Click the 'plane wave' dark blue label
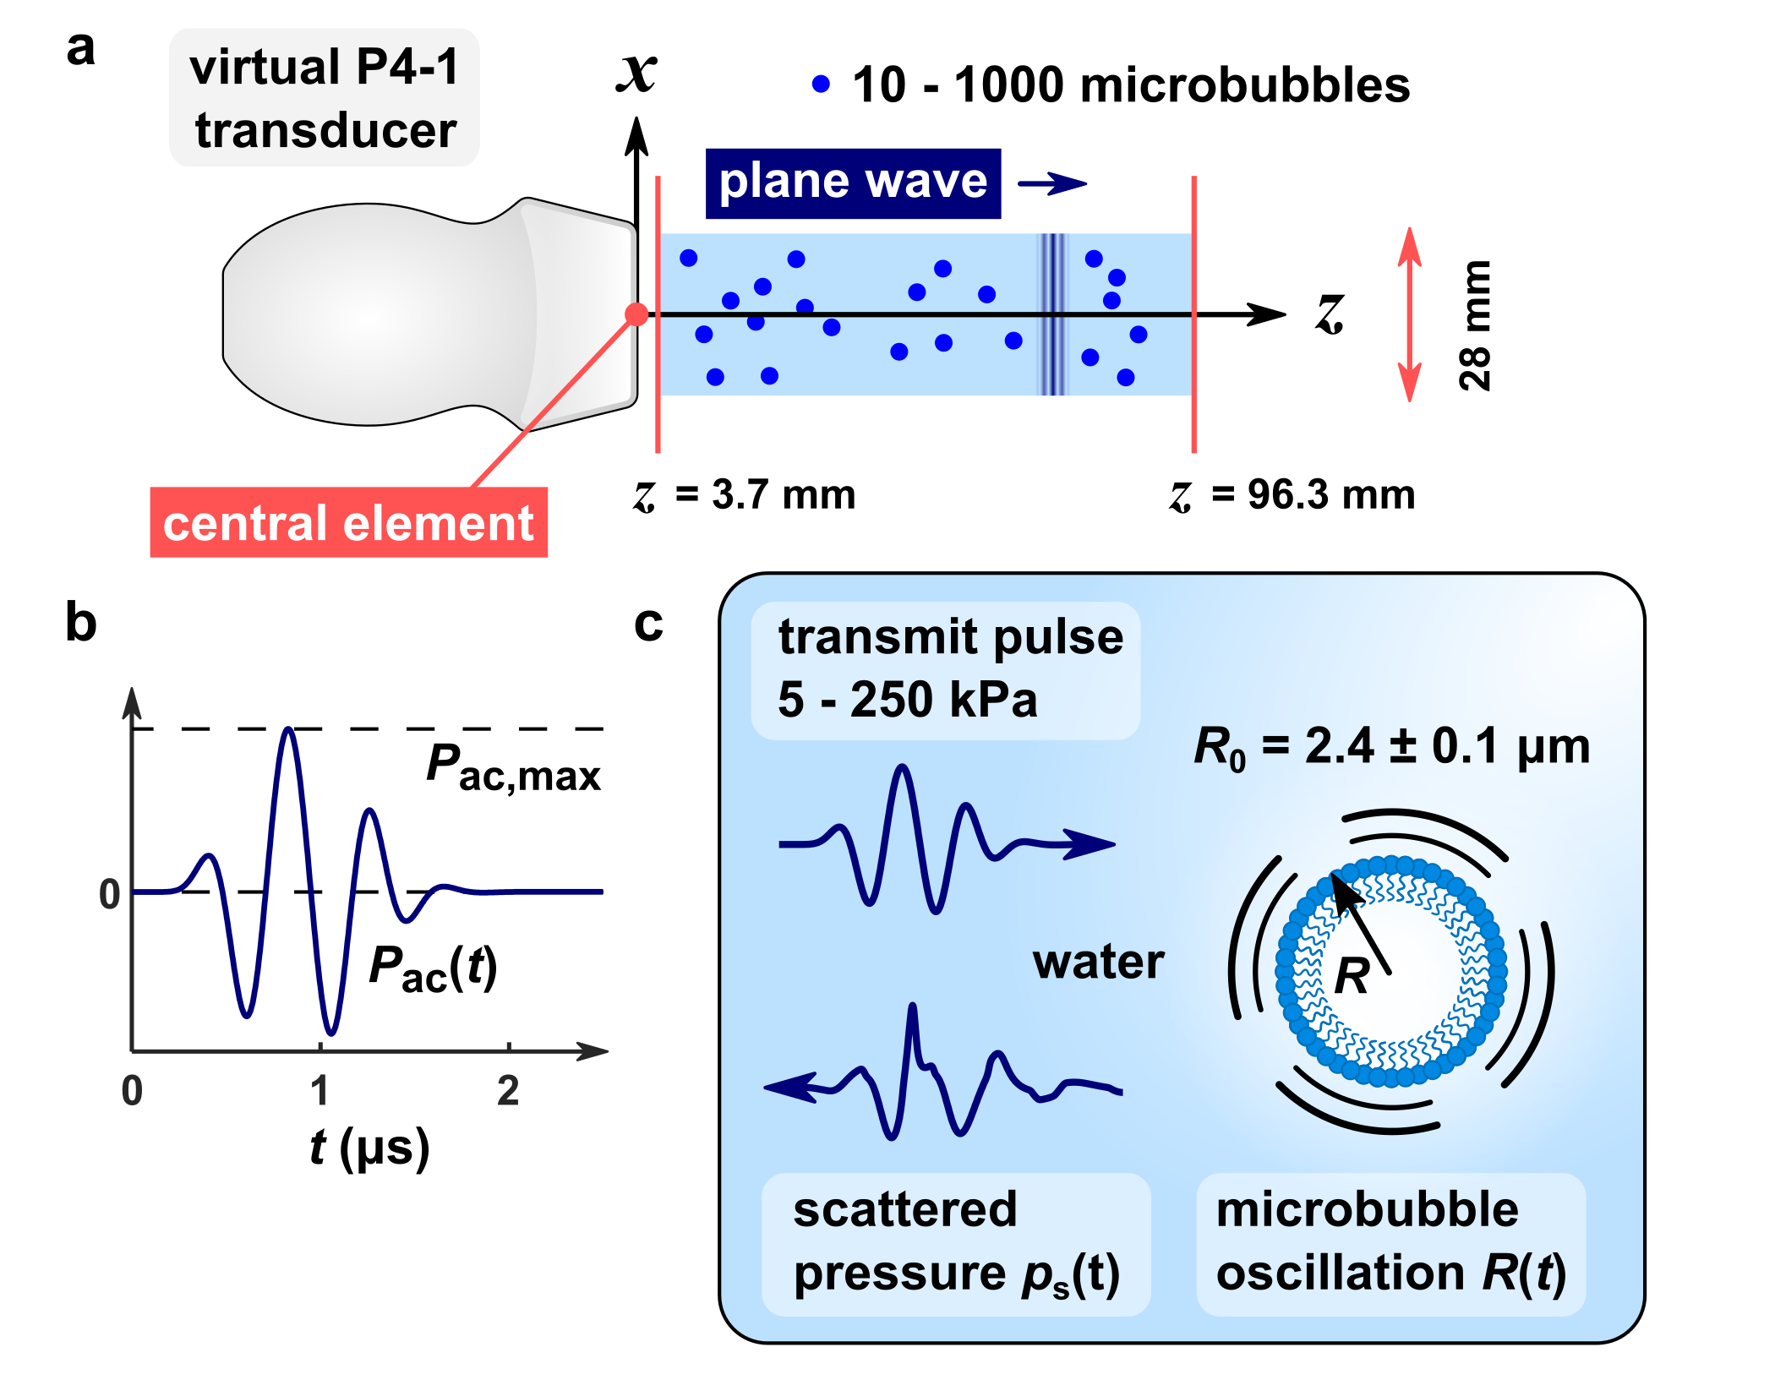click(853, 183)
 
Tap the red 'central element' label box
click(348, 523)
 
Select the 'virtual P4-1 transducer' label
click(325, 98)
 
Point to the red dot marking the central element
click(636, 314)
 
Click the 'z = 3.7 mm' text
click(745, 495)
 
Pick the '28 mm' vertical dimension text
click(1475, 325)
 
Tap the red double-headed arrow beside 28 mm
click(1409, 314)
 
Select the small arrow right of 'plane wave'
click(1052, 183)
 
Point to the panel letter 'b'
click(81, 623)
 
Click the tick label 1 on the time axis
click(319, 1091)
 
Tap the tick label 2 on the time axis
click(508, 1091)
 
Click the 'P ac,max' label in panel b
click(513, 768)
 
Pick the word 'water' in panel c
click(1098, 962)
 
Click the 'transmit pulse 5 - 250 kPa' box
click(945, 670)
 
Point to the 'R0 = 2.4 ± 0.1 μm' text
click(1391, 748)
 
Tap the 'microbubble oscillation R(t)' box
click(1390, 1243)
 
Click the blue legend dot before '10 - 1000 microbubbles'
click(821, 84)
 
